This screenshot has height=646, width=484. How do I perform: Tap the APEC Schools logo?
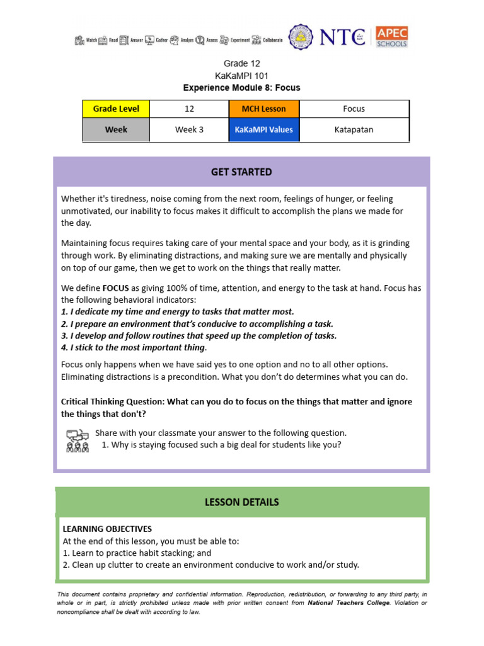point(391,37)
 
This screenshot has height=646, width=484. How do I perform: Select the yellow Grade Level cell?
point(116,109)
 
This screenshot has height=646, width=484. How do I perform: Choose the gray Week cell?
point(116,129)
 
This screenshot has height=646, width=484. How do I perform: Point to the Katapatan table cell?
point(354,129)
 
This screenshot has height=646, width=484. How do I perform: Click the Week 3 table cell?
point(189,129)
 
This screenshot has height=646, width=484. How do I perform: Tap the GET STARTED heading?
point(242,172)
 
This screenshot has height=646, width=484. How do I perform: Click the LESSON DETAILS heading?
point(242,502)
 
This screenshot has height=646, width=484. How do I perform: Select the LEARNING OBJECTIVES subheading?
point(107,529)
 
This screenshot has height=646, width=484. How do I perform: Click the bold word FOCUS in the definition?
point(115,288)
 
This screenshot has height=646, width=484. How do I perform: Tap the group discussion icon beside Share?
point(78,440)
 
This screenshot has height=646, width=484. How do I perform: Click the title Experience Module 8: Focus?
point(242,88)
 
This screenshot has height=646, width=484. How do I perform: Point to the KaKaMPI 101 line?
point(242,76)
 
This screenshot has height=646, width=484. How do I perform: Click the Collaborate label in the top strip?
point(272,40)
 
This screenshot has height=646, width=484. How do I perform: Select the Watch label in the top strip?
point(91,40)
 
